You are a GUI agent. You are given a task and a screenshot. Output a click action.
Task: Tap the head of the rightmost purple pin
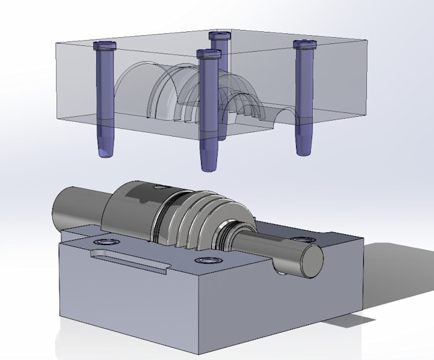pos(305,43)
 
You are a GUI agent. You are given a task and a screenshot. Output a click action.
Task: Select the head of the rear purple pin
pos(219,34)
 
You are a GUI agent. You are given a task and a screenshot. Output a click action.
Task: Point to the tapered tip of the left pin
pos(105,151)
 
